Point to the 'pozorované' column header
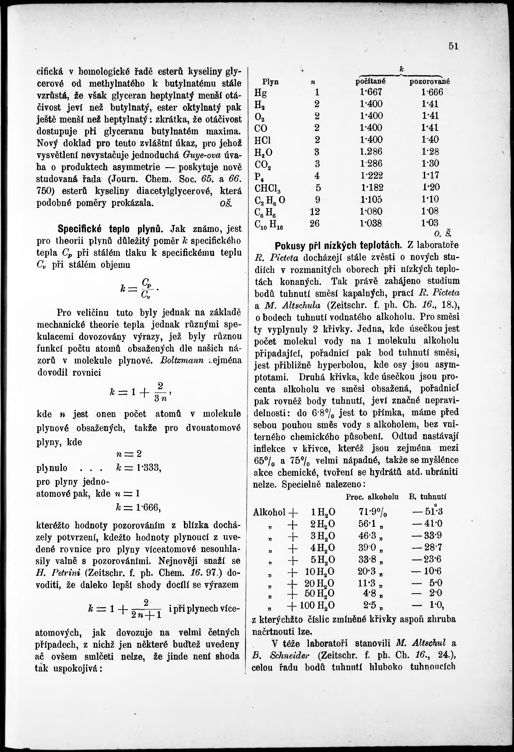pyautogui.click(x=430, y=82)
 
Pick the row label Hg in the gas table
pyautogui.click(x=261, y=93)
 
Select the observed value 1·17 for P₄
pyautogui.click(x=430, y=175)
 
